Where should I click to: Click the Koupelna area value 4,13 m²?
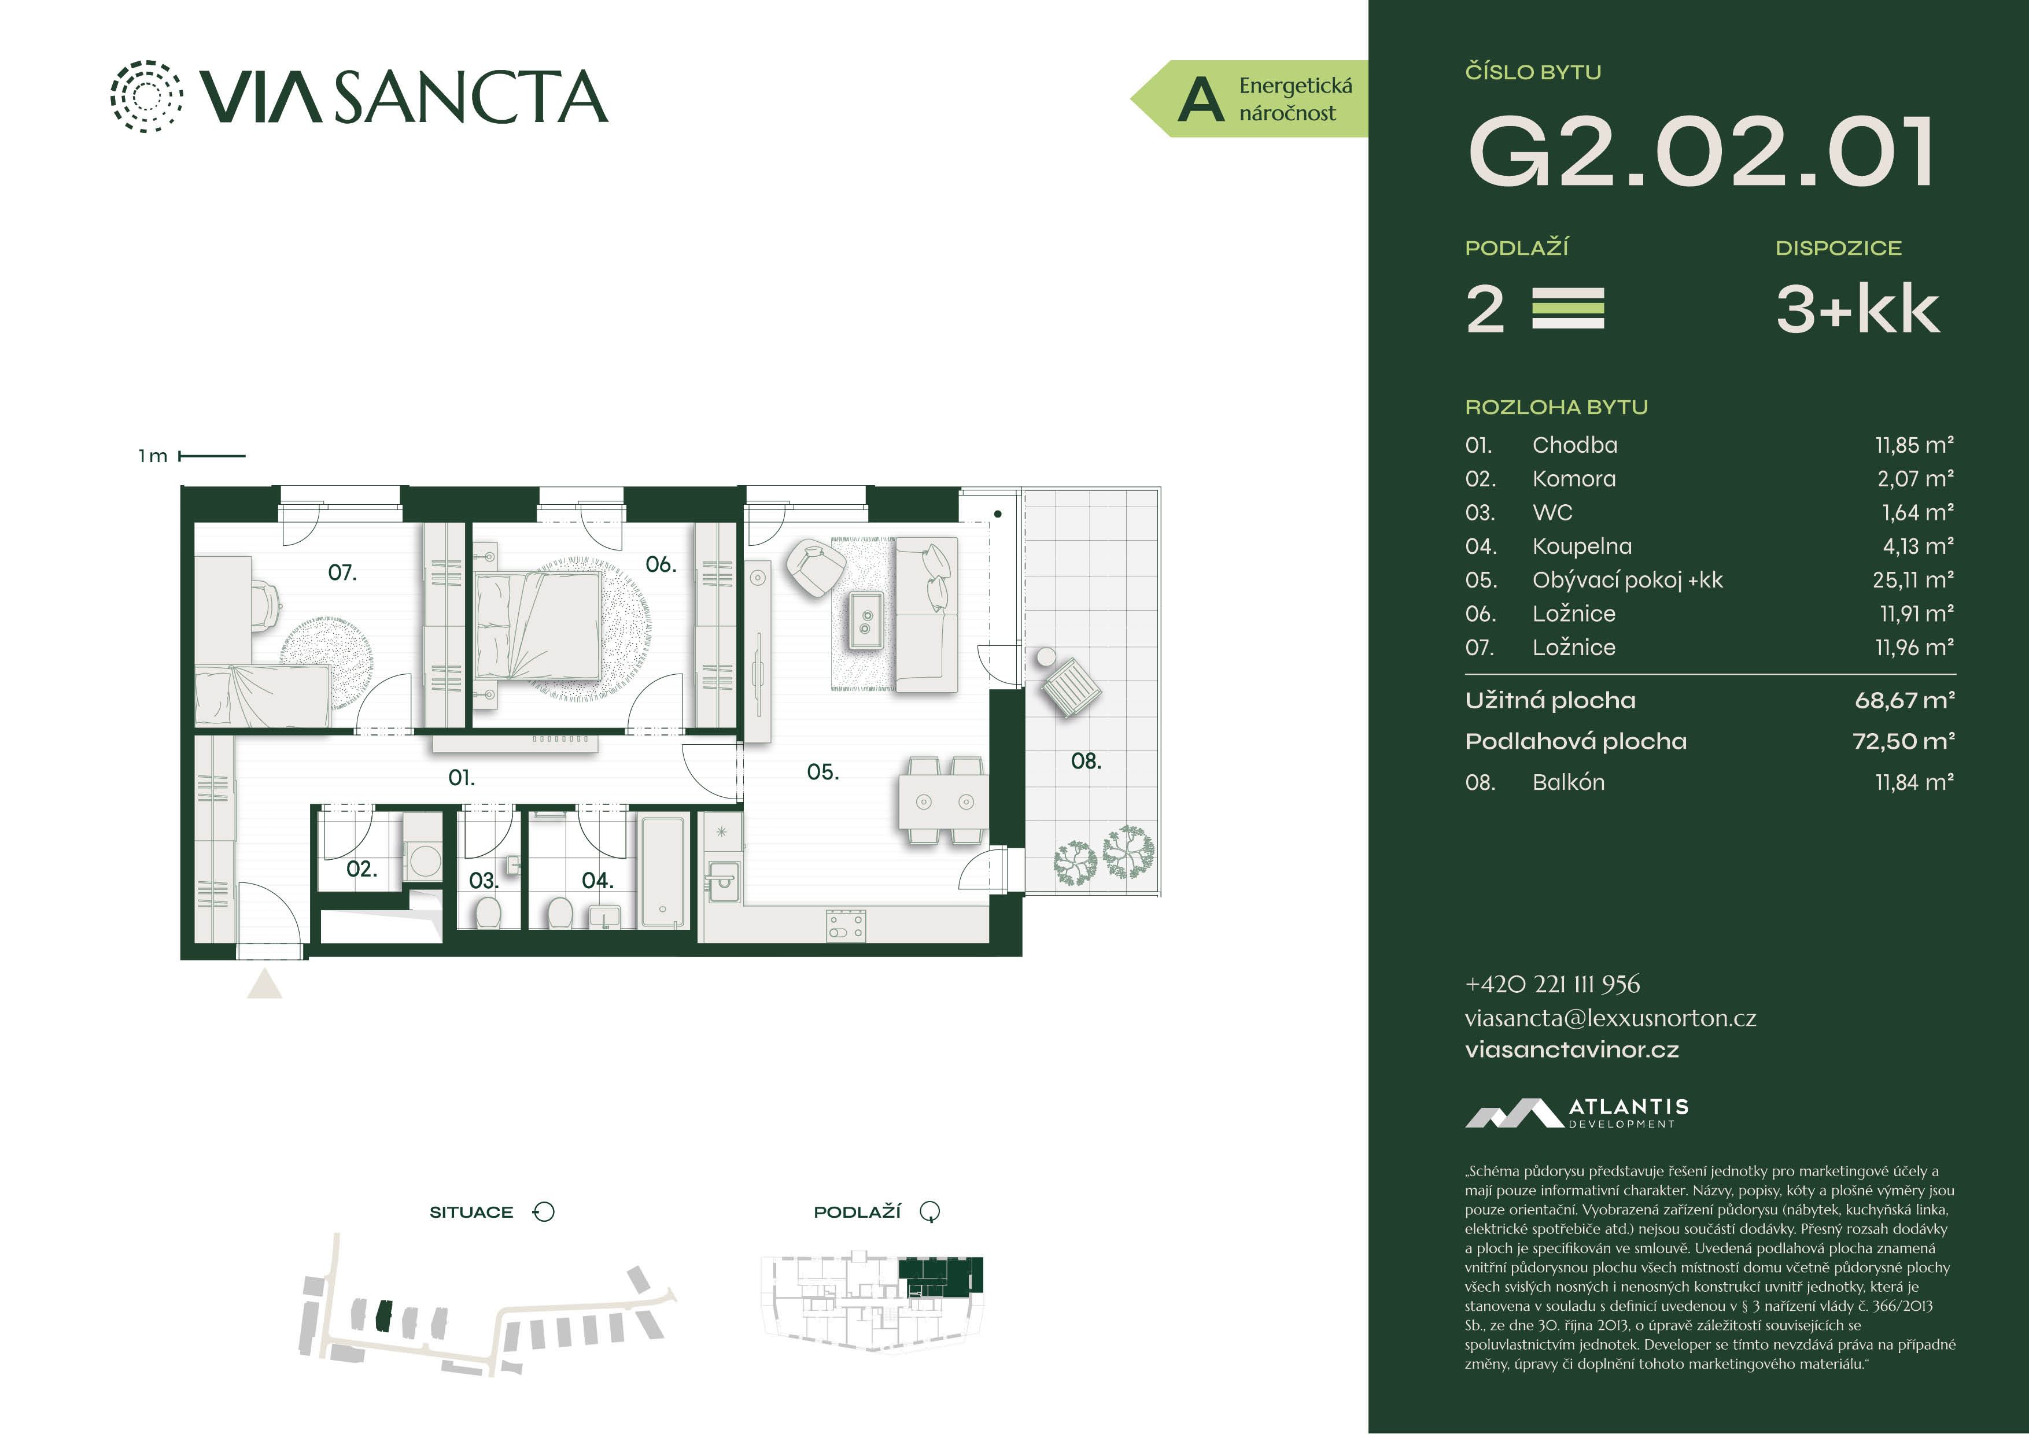[1917, 546]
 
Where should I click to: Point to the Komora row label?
[1574, 479]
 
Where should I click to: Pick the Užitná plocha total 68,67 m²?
[1905, 701]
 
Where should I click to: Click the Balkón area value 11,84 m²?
[1914, 782]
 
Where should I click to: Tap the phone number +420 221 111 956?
[1552, 984]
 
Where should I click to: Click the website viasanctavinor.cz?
[1571, 1049]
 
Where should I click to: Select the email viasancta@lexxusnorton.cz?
[1610, 1018]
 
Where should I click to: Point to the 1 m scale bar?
[212, 456]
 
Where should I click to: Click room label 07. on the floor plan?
[343, 572]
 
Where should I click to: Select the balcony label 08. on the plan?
[1086, 761]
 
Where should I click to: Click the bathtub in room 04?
[663, 872]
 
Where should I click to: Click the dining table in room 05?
[944, 802]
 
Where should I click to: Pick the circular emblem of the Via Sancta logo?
[147, 97]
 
